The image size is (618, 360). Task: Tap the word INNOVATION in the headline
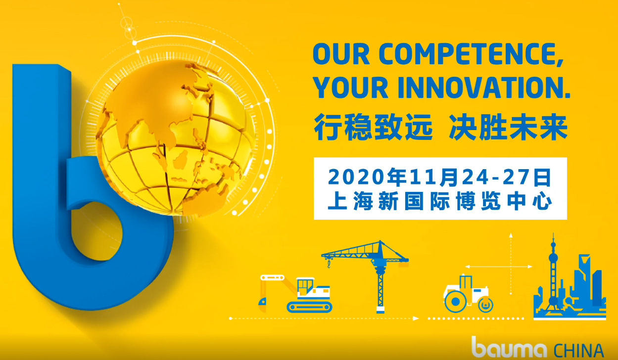pyautogui.click(x=483, y=88)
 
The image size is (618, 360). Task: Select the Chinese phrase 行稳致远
pyautogui.click(x=373, y=128)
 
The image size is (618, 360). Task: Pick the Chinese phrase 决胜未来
pyautogui.click(x=508, y=128)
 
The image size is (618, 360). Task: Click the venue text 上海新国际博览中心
pyautogui.click(x=440, y=201)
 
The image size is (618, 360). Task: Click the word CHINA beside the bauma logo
pyautogui.click(x=579, y=351)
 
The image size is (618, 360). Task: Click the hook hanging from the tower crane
pyautogui.click(x=329, y=264)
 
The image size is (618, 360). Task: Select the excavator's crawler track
pyautogui.click(x=309, y=307)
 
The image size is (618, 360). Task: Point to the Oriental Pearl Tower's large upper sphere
pyautogui.click(x=553, y=258)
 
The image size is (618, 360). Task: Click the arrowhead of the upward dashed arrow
pyautogui.click(x=511, y=235)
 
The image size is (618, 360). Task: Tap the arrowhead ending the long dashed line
pyautogui.click(x=416, y=318)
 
